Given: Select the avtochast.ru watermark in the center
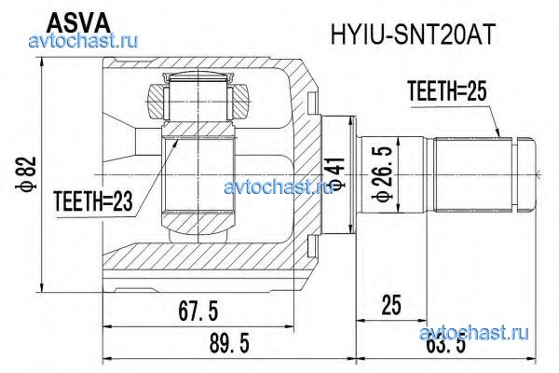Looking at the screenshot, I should click(x=279, y=186).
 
